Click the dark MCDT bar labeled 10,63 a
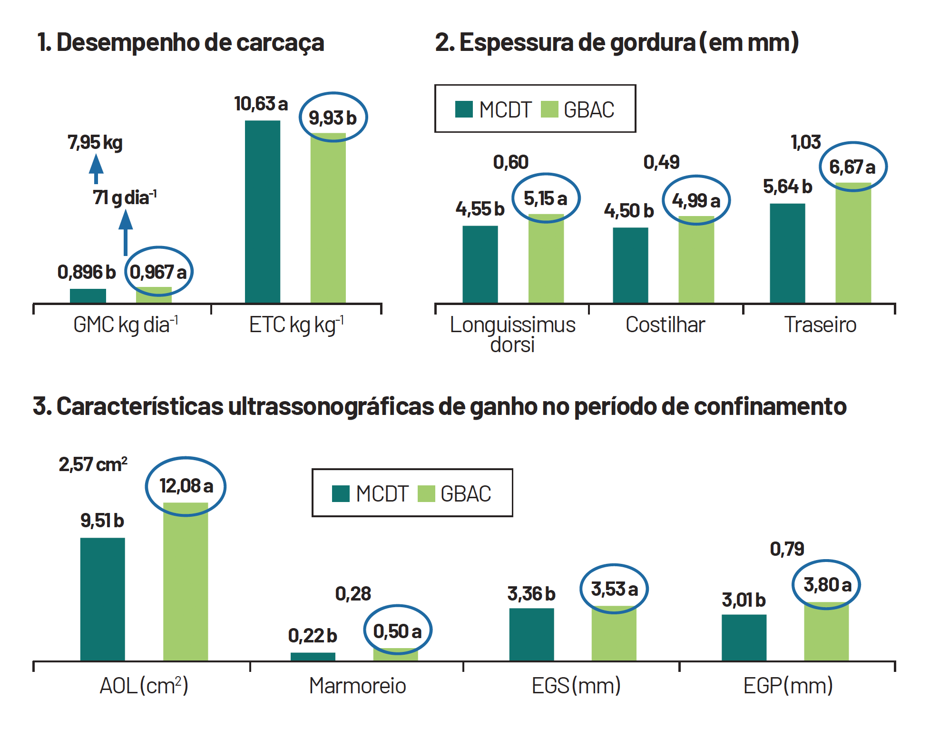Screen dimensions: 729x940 pos(263,212)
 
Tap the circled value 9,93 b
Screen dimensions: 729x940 pos(333,118)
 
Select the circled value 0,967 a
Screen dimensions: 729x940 pos(158,272)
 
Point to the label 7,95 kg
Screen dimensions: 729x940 pos(95,142)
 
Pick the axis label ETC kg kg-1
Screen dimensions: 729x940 pos(296,325)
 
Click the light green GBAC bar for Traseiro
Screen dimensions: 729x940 pos(853,243)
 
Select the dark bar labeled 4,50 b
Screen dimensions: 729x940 pos(630,265)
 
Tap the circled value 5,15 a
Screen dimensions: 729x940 pos(546,198)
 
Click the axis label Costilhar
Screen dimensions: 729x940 pos(665,325)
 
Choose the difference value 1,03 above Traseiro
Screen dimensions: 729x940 pos(805,142)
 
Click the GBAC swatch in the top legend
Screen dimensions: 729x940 pos(549,109)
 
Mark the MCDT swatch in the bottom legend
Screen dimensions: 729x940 pos(341,493)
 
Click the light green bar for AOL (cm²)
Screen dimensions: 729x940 pos(186,581)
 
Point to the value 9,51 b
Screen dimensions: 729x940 pos(102,521)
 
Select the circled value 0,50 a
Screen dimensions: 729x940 pos(397,631)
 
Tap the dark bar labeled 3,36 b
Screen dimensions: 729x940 pos(531,634)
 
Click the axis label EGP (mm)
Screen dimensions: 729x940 pos(788,686)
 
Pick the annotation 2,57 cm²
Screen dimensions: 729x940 pos(93,464)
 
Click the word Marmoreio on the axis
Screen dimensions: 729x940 pos(357,686)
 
